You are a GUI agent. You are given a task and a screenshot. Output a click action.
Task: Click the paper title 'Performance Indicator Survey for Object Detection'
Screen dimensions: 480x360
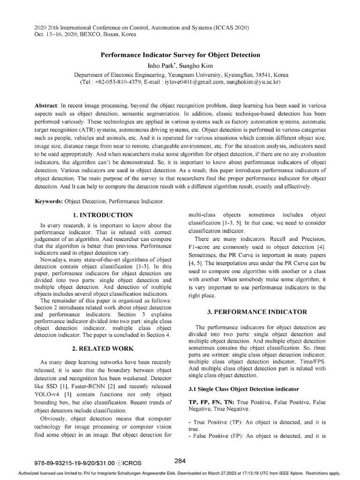(x=180, y=55)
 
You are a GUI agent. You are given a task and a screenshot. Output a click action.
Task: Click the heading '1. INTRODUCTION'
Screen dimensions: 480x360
(x=104, y=215)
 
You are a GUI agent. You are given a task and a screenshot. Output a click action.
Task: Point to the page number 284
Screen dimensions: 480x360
(x=180, y=460)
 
